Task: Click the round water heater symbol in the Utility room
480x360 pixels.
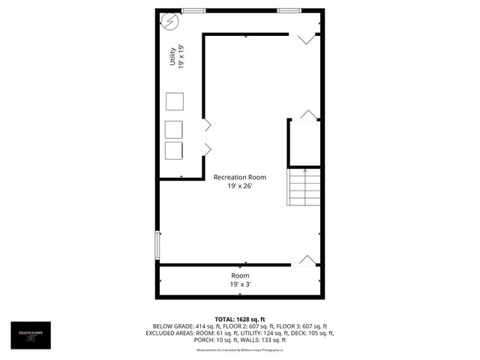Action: [170, 22]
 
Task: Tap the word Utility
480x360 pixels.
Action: [172, 58]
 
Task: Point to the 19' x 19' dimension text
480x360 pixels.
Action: [181, 58]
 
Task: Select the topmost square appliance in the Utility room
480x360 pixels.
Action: [174, 102]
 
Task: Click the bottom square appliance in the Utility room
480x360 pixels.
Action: [174, 150]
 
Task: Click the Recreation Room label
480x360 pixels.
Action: [240, 177]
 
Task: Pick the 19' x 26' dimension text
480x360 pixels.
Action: [240, 186]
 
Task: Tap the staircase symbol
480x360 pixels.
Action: [304, 187]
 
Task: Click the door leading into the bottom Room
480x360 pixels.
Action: [307, 259]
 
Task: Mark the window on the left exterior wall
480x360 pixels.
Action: [157, 244]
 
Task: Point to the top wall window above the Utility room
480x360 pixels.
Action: [193, 10]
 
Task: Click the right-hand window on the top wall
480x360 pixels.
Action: [288, 10]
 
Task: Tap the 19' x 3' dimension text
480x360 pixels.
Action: [240, 284]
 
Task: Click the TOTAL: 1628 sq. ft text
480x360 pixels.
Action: [240, 319]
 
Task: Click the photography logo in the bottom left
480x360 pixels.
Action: [31, 334]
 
